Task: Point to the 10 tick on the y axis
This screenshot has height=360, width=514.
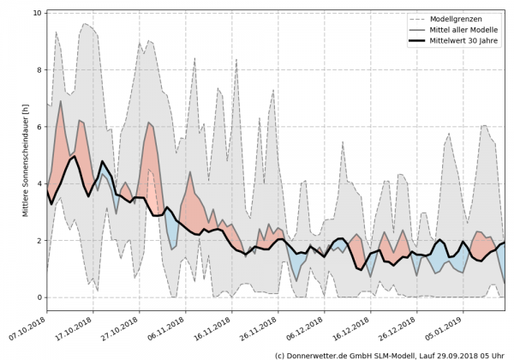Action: click(38, 13)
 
